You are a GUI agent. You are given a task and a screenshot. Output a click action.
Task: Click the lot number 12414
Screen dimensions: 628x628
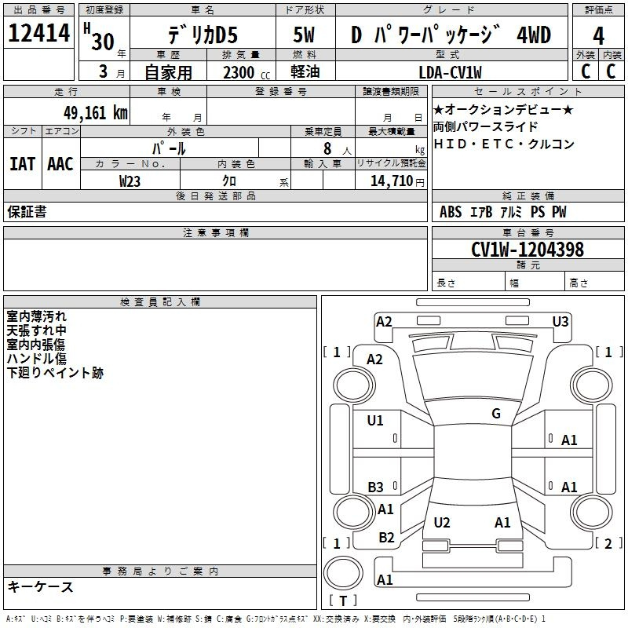pos(38,33)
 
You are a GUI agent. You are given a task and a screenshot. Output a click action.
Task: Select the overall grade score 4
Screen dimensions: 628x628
pos(598,36)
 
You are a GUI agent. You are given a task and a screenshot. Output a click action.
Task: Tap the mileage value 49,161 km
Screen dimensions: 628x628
pos(95,113)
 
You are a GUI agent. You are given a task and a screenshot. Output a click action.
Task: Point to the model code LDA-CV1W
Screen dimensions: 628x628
pos(450,72)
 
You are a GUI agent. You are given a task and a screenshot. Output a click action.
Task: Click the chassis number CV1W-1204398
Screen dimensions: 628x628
pos(528,250)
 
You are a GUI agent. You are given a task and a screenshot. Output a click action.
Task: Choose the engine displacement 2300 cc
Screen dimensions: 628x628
pos(246,72)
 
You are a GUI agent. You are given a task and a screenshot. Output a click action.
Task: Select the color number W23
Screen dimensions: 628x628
pos(130,181)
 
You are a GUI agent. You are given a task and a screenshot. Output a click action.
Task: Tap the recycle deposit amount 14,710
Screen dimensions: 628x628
pos(392,181)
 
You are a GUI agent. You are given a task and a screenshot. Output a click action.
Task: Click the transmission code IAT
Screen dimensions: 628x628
pos(23,164)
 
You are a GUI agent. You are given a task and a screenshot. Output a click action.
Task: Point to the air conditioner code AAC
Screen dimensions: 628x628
pos(60,164)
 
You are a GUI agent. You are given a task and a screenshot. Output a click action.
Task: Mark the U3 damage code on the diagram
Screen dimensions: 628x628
pos(560,322)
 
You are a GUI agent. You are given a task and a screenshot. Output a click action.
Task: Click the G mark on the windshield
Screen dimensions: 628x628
pos(496,414)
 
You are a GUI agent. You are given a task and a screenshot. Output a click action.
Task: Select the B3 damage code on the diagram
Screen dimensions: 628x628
pos(376,487)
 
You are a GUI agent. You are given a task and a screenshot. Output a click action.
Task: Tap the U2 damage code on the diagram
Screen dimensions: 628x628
pos(442,522)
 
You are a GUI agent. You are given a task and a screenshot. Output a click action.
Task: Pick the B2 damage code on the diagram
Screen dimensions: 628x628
pos(386,538)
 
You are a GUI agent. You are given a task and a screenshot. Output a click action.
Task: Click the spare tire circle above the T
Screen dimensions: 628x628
pos(343,573)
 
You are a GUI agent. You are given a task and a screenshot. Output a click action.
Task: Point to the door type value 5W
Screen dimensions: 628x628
pos(304,35)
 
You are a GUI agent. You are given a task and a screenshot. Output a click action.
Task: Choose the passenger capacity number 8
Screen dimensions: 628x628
pos(327,148)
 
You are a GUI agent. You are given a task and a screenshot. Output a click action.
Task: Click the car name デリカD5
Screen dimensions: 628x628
pos(203,35)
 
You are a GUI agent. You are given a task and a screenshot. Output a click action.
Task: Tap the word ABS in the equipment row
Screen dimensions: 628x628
pos(451,212)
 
